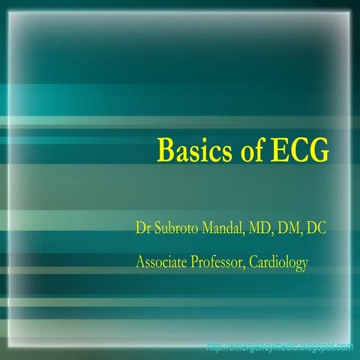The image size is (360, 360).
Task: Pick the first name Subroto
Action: click(177, 227)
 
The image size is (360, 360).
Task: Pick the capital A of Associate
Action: click(141, 262)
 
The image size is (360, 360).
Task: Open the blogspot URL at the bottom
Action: click(280, 346)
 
